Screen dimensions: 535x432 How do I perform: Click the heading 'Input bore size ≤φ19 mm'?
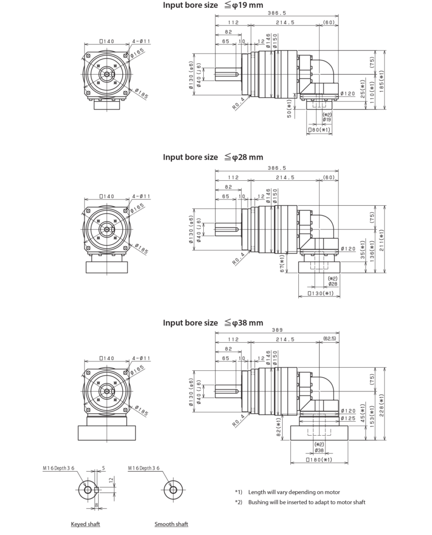click(213, 6)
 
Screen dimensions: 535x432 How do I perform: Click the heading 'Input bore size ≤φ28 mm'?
click(213, 157)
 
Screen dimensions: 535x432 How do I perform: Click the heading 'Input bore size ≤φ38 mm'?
click(213, 323)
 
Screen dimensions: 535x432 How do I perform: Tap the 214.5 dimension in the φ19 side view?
click(284, 23)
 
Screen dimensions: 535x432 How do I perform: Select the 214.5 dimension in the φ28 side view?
click(284, 177)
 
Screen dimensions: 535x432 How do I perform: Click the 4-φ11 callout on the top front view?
click(142, 40)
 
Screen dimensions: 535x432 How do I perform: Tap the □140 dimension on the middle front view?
click(107, 197)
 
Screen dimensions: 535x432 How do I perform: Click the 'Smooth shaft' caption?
click(171, 524)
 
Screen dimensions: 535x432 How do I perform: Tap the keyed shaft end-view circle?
click(86, 491)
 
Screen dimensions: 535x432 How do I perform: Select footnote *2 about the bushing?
click(300, 503)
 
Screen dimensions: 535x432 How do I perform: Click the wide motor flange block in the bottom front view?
click(107, 433)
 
